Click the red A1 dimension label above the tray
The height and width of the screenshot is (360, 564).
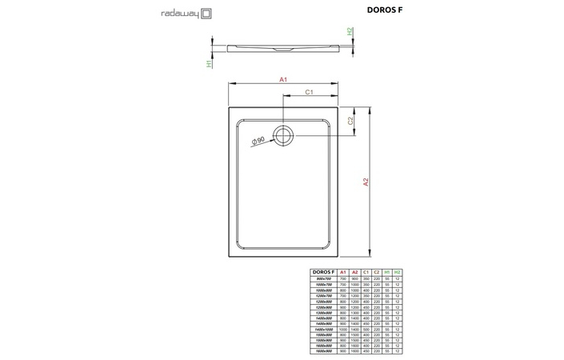tap(283, 79)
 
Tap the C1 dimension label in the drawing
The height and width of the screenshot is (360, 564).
tap(309, 93)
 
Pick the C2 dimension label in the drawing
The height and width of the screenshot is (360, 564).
tap(350, 121)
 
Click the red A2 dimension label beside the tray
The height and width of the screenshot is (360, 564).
tap(366, 182)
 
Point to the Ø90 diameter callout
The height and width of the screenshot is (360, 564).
tap(258, 141)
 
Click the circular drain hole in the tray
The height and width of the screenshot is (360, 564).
tap(284, 134)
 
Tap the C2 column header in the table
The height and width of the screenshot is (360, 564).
tap(376, 272)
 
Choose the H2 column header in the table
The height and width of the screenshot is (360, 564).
tap(397, 272)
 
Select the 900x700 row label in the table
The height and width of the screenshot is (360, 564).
tap(324, 278)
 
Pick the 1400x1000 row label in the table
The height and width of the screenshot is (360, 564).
tap(324, 329)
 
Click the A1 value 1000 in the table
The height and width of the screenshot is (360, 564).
tap(344, 329)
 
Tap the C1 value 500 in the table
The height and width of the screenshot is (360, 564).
tap(366, 329)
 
